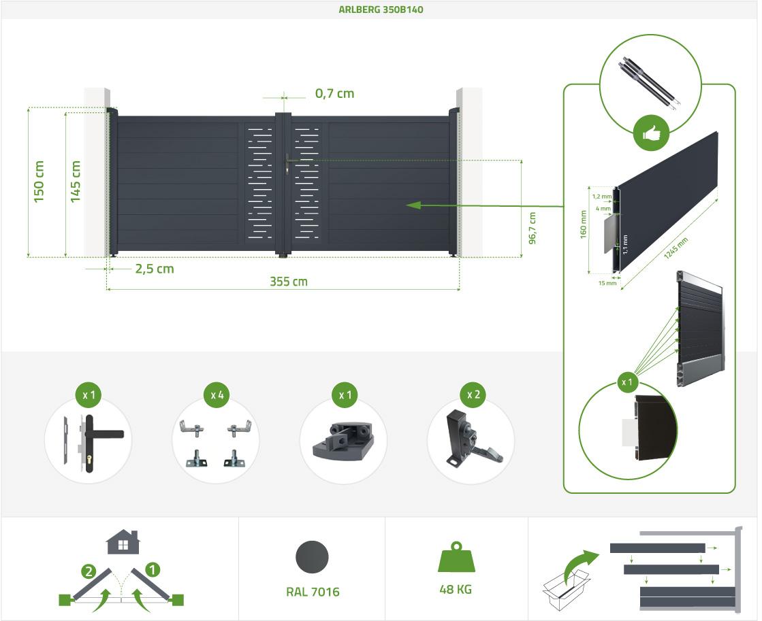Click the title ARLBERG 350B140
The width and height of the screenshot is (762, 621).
coord(381,10)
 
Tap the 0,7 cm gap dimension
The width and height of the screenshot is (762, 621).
coord(334,93)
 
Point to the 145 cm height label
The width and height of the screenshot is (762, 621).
coord(75,182)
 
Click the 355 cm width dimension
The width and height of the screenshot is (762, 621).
coord(289,282)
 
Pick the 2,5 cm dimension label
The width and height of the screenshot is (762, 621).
coord(154,269)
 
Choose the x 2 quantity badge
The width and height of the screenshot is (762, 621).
coord(473,395)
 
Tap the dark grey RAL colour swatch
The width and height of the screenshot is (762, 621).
coord(312,557)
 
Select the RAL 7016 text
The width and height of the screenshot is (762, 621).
coord(313,592)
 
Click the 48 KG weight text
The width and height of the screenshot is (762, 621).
coord(456,589)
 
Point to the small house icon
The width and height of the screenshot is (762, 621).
coord(123,542)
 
